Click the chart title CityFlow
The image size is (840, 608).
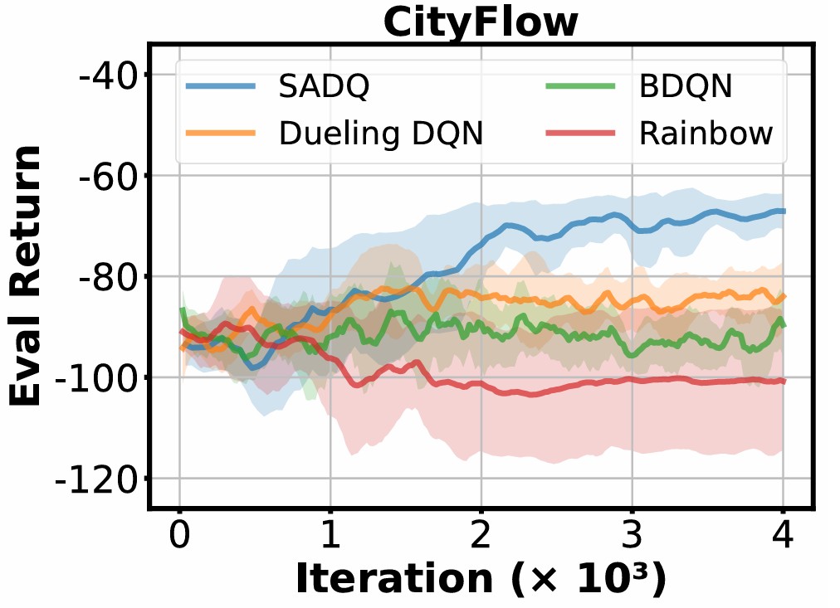(481, 22)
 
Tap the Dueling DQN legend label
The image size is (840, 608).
(381, 133)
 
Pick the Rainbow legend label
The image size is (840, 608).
(706, 133)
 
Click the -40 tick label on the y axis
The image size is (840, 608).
(100, 75)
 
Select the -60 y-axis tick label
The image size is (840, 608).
(100, 176)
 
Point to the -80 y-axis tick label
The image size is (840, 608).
(100, 277)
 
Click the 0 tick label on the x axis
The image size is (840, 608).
(179, 533)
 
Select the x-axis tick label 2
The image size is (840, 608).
(481, 533)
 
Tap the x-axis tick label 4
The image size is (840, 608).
(783, 533)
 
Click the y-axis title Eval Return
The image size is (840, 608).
(27, 276)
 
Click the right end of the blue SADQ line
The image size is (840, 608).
(783, 212)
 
